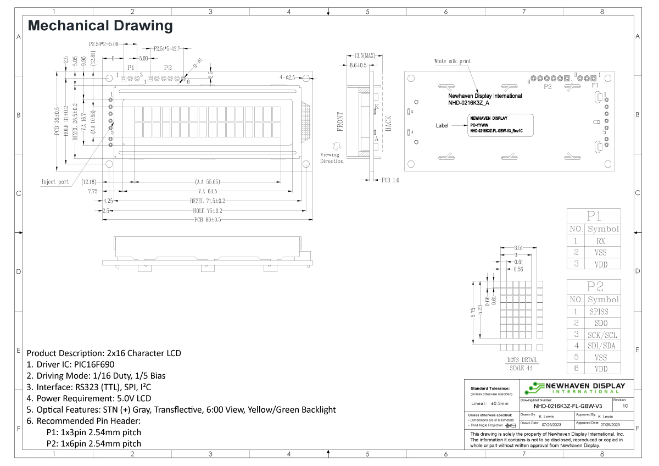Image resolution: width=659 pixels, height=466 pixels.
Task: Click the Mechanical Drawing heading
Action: (x=100, y=25)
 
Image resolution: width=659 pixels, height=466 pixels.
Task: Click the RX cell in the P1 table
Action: (x=602, y=241)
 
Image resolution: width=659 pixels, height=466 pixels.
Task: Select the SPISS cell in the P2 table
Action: (x=602, y=312)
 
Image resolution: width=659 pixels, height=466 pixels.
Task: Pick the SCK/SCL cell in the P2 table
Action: (x=602, y=335)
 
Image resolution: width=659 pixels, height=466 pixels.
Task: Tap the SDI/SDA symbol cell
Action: (x=602, y=346)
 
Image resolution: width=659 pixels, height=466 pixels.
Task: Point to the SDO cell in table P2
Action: (x=602, y=323)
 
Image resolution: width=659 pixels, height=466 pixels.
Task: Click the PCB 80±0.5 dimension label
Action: (x=206, y=220)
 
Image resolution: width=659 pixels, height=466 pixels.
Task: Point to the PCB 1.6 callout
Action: (x=390, y=180)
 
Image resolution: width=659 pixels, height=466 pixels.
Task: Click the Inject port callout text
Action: (x=55, y=182)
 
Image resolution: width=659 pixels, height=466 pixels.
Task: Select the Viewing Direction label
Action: (x=332, y=158)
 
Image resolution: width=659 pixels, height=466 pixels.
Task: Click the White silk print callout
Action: (x=452, y=61)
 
